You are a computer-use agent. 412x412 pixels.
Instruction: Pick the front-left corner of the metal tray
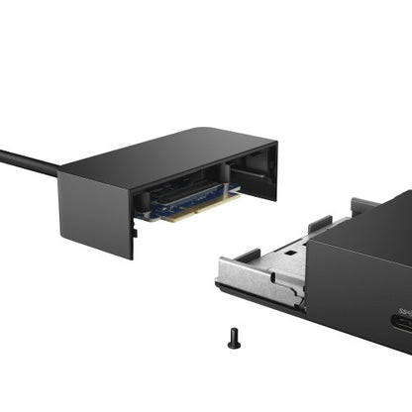pos(223,268)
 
